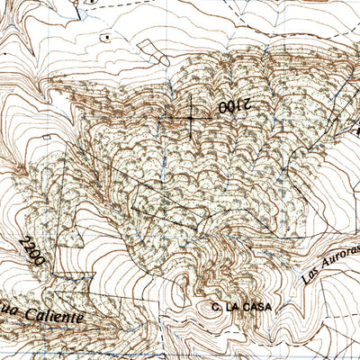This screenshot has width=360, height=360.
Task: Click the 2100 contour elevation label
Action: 231,107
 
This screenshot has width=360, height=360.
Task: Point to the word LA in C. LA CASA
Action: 231,307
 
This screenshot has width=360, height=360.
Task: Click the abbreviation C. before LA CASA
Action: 217,307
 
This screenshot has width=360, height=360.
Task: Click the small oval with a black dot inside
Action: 106,38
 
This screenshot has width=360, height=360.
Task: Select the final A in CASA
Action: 265,307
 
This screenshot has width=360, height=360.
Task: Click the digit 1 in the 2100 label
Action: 238,107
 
